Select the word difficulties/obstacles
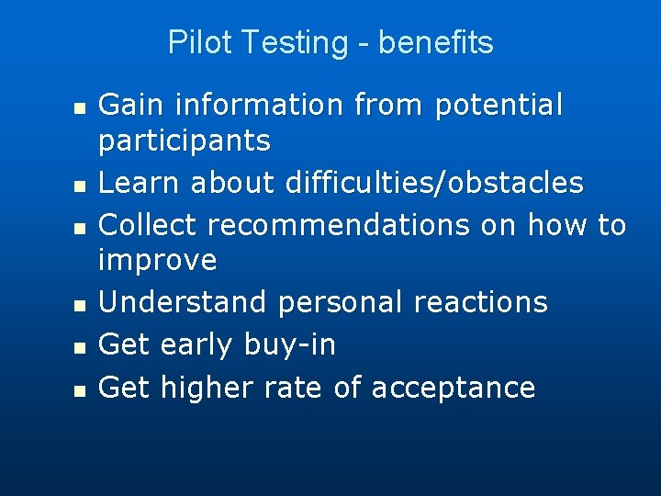coord(434,183)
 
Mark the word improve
coord(157,262)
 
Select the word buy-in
coord(290,345)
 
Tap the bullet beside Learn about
coord(81,186)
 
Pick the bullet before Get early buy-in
coord(81,347)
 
